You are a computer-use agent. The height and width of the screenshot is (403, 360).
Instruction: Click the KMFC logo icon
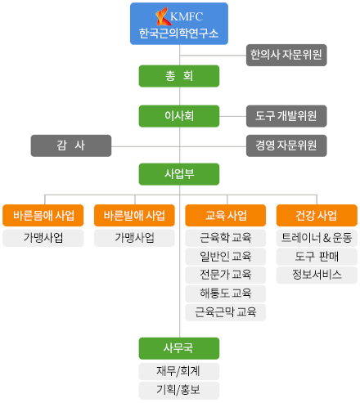point(162,16)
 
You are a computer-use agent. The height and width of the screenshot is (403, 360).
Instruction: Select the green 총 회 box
point(179,76)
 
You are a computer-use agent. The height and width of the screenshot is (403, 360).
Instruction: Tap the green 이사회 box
point(179,116)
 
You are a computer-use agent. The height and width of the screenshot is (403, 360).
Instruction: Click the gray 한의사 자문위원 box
point(286,55)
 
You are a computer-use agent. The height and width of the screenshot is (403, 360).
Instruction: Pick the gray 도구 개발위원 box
point(286,116)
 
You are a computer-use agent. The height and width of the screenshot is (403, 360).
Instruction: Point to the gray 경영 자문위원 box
point(286,146)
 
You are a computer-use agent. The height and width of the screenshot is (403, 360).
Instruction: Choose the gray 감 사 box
point(71,146)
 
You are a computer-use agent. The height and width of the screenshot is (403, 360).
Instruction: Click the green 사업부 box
point(179,174)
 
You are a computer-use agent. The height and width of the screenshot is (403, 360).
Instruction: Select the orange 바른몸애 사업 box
point(43,215)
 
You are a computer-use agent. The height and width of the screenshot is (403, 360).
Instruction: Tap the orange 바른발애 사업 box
point(134,215)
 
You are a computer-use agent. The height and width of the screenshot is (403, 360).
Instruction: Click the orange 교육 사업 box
point(226,215)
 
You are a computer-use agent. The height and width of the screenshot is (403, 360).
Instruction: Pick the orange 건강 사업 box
point(317,215)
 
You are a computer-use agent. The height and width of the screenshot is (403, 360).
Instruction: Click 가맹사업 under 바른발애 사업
point(134,238)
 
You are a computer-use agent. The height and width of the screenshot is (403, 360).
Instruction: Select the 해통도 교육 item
point(226,293)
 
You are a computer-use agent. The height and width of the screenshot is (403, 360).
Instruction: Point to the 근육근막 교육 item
point(226,312)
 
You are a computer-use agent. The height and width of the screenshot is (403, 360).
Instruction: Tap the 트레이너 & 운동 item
point(317,238)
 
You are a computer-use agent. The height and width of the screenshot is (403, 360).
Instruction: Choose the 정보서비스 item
point(317,275)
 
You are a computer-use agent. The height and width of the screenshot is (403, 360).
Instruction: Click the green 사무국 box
point(179,348)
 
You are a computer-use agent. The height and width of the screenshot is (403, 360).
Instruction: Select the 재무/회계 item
point(179,371)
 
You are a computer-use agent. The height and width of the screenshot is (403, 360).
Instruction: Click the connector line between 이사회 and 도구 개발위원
point(232,116)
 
